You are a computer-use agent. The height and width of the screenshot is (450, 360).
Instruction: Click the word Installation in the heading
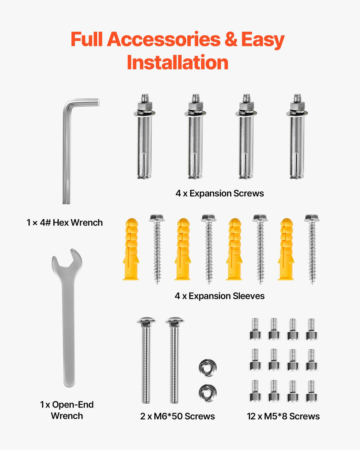pyautogui.click(x=178, y=62)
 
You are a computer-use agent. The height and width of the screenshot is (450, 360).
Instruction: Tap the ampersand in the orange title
pyautogui.click(x=231, y=39)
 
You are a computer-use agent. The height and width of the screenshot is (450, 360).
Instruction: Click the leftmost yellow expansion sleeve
pyautogui.click(x=131, y=249)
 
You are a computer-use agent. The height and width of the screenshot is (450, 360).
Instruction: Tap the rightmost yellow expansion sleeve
pyautogui.click(x=286, y=249)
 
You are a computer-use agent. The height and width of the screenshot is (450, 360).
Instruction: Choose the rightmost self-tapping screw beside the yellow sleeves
pyautogui.click(x=312, y=249)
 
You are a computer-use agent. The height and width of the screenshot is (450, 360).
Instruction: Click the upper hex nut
pyautogui.click(x=207, y=368)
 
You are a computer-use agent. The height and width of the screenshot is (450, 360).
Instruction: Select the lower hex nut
pyautogui.click(x=207, y=393)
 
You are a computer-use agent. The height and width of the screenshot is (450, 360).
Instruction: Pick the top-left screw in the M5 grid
pyautogui.click(x=255, y=329)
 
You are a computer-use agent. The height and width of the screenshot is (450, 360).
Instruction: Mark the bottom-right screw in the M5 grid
pyautogui.click(x=311, y=391)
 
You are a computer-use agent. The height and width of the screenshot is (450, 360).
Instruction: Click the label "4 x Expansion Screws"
pyautogui.click(x=220, y=193)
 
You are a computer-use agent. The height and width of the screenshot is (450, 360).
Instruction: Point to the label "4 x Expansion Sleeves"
pyautogui.click(x=220, y=296)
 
